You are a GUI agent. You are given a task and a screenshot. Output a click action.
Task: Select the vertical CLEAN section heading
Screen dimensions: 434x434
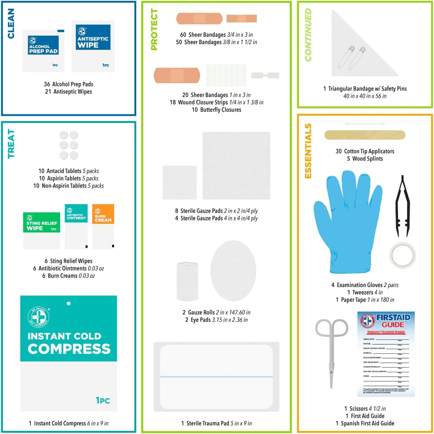pyautogui.click(x=11, y=23)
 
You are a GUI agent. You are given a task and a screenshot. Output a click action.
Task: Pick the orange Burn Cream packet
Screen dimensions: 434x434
pyautogui.click(x=103, y=226)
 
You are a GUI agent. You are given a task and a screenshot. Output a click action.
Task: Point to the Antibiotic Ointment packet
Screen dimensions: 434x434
pyautogui.click(x=76, y=226)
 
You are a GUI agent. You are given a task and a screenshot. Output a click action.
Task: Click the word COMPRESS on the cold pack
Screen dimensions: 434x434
pyautogui.click(x=69, y=349)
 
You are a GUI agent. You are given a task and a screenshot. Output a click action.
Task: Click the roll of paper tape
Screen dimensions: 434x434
pyautogui.click(x=402, y=255)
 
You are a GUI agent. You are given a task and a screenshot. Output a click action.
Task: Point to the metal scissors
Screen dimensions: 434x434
pyautogui.click(x=331, y=351)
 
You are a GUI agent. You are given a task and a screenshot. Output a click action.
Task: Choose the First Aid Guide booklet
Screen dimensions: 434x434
pyautogui.click(x=386, y=354)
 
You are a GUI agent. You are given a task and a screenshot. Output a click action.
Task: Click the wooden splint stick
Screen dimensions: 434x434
pyautogui.click(x=365, y=135)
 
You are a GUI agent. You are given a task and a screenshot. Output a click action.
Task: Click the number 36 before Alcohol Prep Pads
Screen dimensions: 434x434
pyautogui.click(x=47, y=84)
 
